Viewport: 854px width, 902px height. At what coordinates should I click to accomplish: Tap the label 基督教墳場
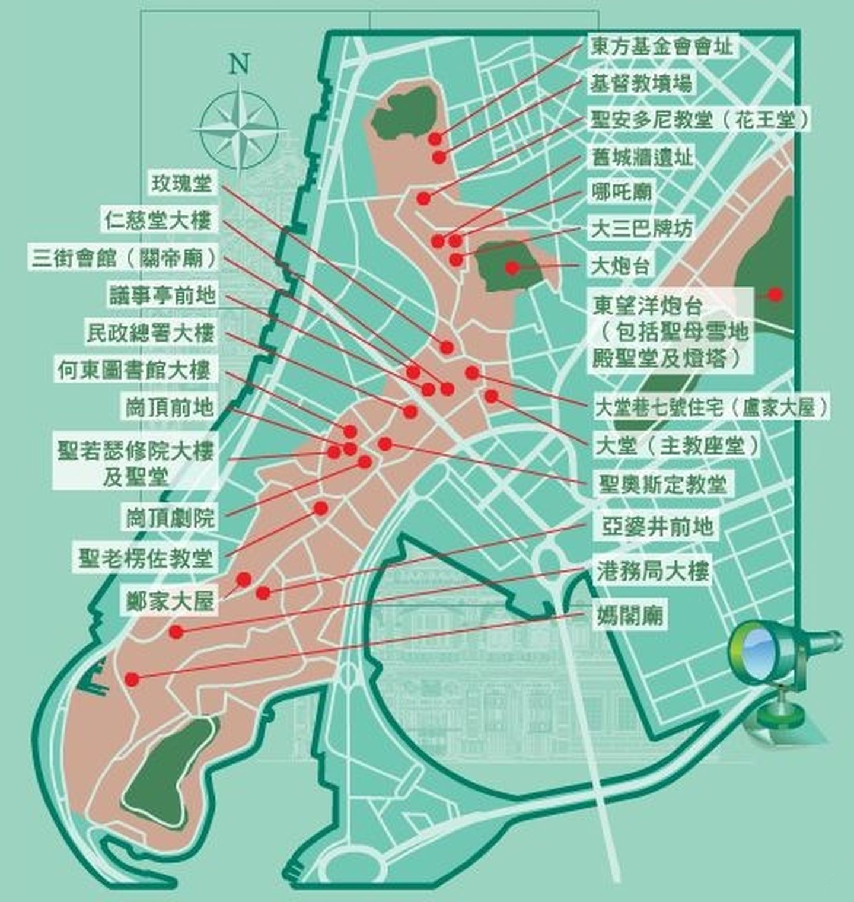640,83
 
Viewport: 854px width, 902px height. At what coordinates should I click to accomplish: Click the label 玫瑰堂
181,183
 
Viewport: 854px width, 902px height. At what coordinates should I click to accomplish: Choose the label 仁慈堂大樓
158,221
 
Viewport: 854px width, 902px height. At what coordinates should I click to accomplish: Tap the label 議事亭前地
162,295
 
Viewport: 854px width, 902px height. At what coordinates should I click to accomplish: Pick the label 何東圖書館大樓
134,371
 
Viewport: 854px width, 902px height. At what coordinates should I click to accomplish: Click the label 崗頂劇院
170,518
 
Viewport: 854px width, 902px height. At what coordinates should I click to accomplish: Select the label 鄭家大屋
170,602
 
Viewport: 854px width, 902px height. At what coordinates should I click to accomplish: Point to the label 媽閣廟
629,616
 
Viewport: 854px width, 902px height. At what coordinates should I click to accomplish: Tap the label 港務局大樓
653,572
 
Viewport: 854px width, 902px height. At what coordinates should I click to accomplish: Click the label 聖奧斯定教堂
662,485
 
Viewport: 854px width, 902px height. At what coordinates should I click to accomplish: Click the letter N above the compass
239,63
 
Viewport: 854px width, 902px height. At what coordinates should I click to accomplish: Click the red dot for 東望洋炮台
775,294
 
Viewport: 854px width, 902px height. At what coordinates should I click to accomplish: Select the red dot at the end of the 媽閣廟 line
132,680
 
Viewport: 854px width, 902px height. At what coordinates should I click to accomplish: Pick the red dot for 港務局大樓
176,632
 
